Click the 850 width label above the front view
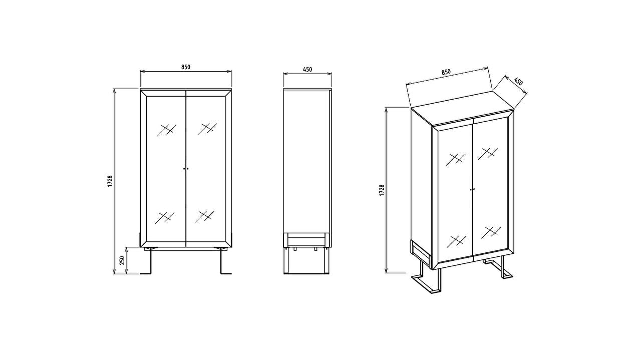pos(186,67)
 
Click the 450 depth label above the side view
pos(307,69)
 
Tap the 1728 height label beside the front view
pos(110,181)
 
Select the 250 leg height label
pos(122,260)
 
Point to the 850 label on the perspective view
pos(446,72)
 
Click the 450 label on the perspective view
pos(518,81)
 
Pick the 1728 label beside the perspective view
pos(382,190)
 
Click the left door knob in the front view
pos(184,169)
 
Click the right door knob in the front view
pos(188,169)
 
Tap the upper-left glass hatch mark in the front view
pos(166,130)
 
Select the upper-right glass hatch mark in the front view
pos(207,129)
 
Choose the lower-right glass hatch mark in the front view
pos(204,217)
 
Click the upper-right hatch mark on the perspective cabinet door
pos(488,153)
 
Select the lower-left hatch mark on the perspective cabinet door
pos(456,241)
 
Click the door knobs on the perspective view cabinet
pos(472,189)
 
